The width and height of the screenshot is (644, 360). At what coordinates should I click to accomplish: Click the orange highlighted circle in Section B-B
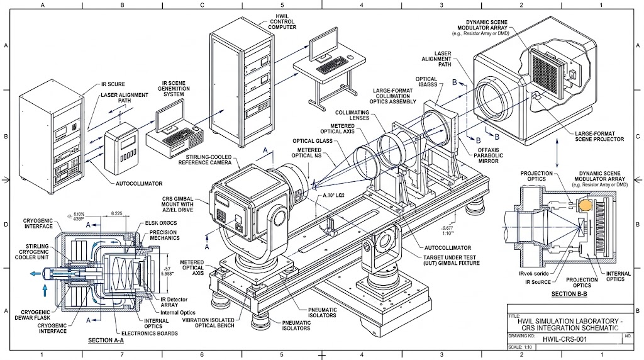586,205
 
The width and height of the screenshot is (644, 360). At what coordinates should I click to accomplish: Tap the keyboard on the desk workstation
334,66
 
